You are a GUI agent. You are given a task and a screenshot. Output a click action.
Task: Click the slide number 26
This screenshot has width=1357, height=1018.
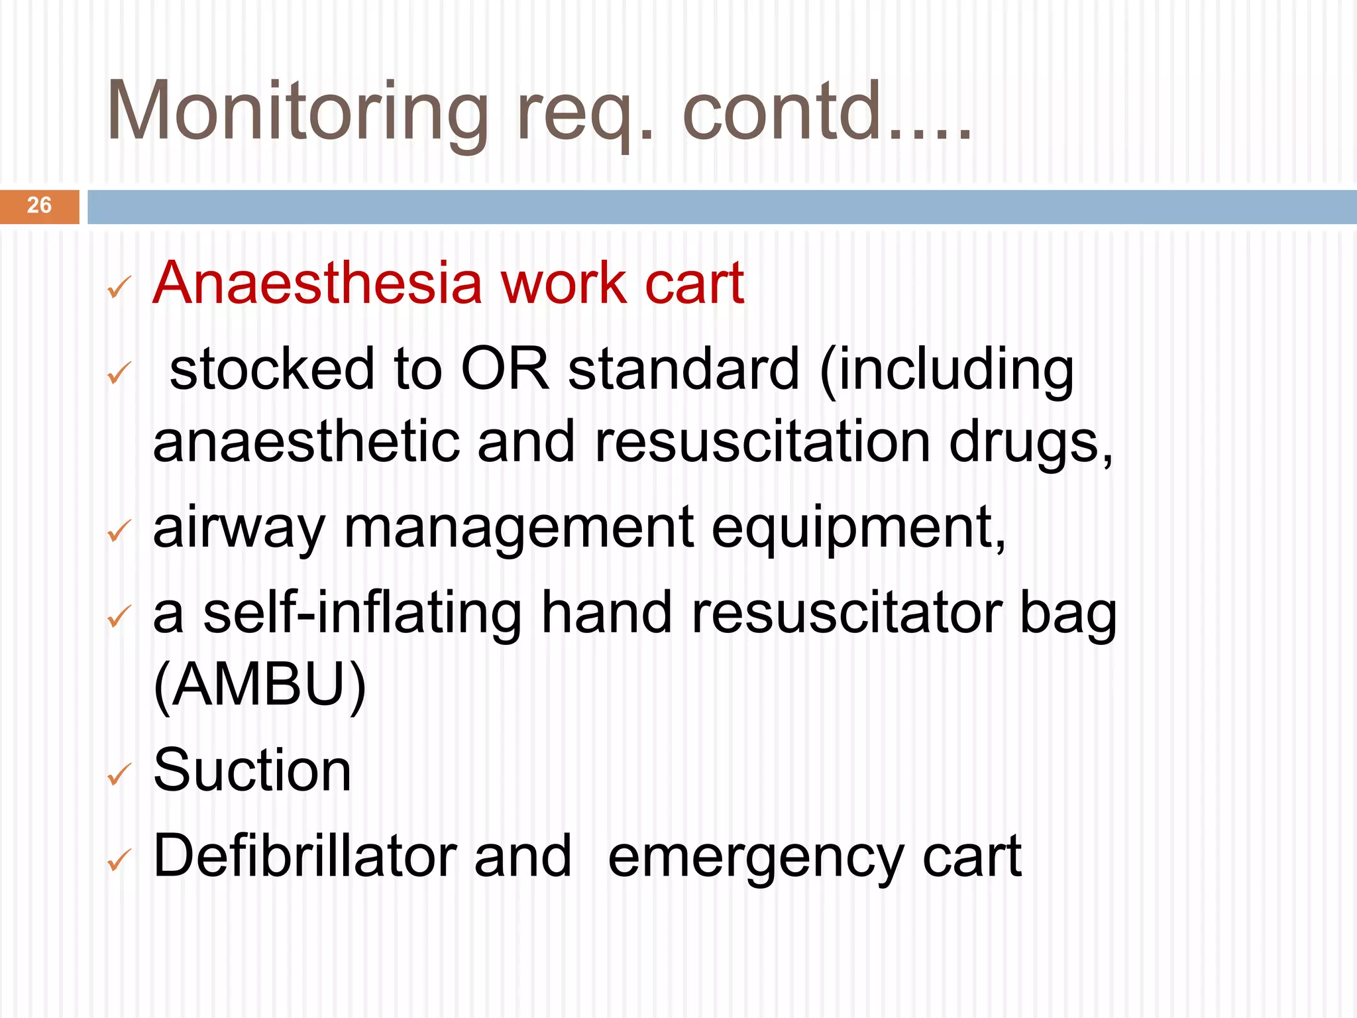pos(39,205)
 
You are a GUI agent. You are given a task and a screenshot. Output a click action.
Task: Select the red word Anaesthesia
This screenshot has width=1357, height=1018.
pos(317,284)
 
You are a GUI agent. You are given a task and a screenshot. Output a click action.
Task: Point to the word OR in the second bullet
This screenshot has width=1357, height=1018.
pos(505,369)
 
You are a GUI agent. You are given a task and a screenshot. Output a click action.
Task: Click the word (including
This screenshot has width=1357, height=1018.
pos(946,371)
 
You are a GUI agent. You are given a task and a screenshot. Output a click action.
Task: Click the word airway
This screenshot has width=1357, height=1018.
pos(239,530)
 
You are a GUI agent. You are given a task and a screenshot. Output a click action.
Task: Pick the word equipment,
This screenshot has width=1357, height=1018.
pos(859,530)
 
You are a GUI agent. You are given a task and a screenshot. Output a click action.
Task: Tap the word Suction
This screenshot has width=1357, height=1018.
pos(252,770)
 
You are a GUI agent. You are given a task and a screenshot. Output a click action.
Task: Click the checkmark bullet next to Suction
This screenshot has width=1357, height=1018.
pos(119,773)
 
